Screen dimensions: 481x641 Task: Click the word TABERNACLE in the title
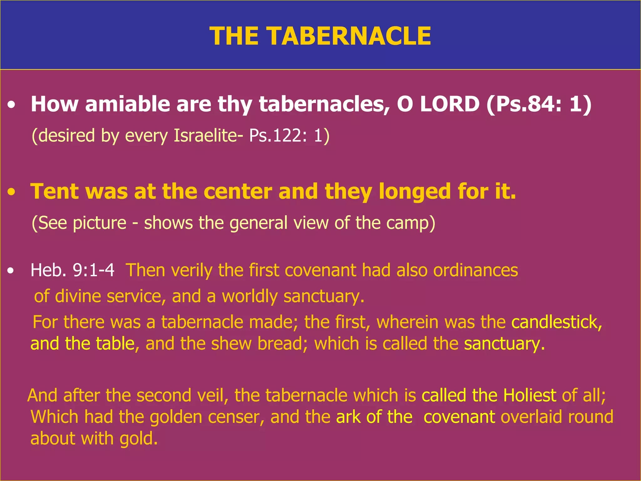(x=349, y=36)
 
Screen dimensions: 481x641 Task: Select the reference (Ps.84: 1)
(x=539, y=104)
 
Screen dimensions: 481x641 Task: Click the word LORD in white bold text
(x=449, y=104)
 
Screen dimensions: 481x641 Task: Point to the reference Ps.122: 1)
(x=289, y=136)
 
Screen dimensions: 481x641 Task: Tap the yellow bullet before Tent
(x=12, y=192)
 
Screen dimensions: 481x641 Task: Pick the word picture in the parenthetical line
(x=100, y=223)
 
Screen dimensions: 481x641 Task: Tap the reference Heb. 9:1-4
(x=73, y=270)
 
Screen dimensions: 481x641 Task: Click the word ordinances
(x=475, y=270)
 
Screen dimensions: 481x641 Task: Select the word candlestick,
(x=556, y=322)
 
